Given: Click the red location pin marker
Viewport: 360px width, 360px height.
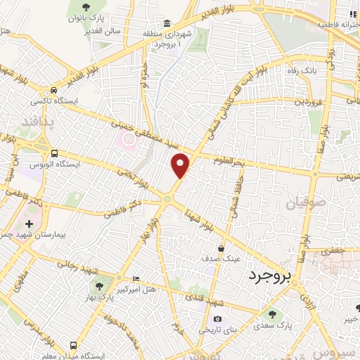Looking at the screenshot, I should [181, 165].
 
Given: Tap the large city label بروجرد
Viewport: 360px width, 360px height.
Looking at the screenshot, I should [269, 276].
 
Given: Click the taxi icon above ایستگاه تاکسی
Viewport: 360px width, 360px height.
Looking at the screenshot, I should [53, 91].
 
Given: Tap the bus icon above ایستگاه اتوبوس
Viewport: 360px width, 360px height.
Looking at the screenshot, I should [54, 153].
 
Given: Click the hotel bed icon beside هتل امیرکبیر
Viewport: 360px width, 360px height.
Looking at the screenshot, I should [136, 279].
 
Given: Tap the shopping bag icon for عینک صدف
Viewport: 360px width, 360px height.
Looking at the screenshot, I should [221, 248].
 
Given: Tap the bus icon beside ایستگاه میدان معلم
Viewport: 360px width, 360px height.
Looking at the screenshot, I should [73, 346].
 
